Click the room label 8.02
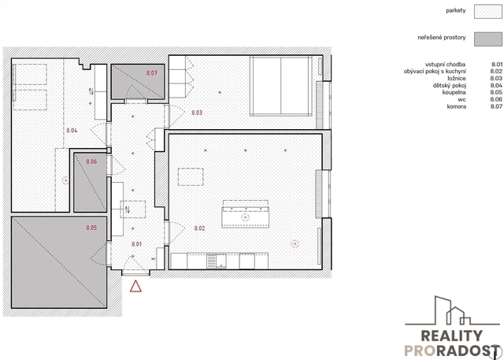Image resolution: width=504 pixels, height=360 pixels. [199, 228]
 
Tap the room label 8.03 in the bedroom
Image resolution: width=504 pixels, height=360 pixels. [197, 113]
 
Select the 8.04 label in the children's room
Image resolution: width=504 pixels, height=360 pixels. [72, 131]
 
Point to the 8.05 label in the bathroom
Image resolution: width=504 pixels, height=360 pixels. [91, 228]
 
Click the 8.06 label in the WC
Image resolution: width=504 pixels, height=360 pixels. [91, 161]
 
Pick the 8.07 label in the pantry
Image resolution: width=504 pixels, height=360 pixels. [152, 73]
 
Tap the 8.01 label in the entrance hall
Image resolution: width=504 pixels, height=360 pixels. [136, 244]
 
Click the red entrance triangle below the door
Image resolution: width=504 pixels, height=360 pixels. [135, 286]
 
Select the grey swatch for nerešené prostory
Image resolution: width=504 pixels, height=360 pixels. [488, 39]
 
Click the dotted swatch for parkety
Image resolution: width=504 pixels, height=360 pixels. [488, 11]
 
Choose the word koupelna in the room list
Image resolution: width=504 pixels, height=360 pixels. [454, 93]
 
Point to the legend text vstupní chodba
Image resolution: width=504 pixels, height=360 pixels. [445, 65]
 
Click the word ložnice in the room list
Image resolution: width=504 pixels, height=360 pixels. [457, 79]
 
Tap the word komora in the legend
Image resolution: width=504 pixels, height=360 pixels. [457, 106]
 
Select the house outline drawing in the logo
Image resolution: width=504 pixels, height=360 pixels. [452, 310]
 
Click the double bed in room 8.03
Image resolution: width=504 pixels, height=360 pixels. [281, 86]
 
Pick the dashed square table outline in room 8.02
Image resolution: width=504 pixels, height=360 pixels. [191, 176]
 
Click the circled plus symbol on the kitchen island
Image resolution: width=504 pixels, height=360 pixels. [245, 217]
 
